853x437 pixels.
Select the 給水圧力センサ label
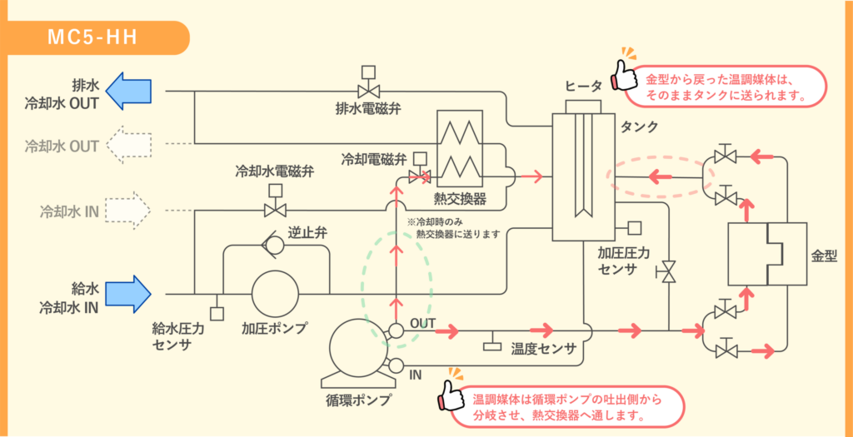(178, 336)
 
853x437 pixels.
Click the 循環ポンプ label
(359, 400)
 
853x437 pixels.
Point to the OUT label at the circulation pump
(422, 324)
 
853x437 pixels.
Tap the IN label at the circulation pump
(416, 375)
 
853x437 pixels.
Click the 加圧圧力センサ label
(617, 261)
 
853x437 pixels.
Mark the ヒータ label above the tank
(583, 87)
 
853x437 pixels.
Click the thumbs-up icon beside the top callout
(624, 76)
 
